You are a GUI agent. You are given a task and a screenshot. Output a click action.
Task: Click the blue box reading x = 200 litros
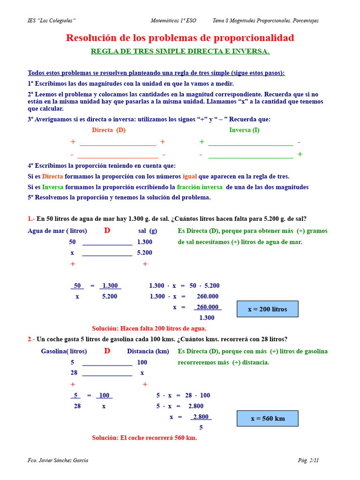267,309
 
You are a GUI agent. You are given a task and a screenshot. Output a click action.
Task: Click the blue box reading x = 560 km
267,419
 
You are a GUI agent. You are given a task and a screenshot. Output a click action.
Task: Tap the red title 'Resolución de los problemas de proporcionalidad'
180,38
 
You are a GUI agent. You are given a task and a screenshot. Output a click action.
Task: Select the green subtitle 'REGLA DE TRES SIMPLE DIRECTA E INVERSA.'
180,51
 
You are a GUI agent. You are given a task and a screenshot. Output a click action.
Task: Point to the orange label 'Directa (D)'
109,130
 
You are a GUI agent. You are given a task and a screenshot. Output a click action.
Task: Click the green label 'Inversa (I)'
244,130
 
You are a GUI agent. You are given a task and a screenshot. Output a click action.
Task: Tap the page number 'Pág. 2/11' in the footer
308,460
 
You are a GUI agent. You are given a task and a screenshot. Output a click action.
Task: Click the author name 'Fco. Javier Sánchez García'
58,460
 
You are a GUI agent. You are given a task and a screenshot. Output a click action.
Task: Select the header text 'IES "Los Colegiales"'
52,21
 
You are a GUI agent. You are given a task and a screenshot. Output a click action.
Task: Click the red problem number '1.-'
31,218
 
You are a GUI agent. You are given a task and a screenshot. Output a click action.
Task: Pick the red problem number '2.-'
31,339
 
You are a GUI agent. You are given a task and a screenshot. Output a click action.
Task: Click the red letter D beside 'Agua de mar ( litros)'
107,231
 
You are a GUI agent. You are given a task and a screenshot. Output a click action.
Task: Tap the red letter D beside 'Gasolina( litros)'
107,351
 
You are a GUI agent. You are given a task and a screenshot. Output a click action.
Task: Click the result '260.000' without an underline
207,296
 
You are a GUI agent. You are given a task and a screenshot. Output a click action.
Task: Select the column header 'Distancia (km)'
148,352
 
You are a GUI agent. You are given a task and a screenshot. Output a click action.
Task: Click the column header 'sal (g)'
148,231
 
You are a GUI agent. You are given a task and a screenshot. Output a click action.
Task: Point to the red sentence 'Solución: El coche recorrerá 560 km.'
144,438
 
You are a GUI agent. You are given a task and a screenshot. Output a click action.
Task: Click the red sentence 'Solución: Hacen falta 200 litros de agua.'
149,329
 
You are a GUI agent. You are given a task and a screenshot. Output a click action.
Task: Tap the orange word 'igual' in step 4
189,176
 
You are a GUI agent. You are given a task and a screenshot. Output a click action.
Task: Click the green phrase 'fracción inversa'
200,187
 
